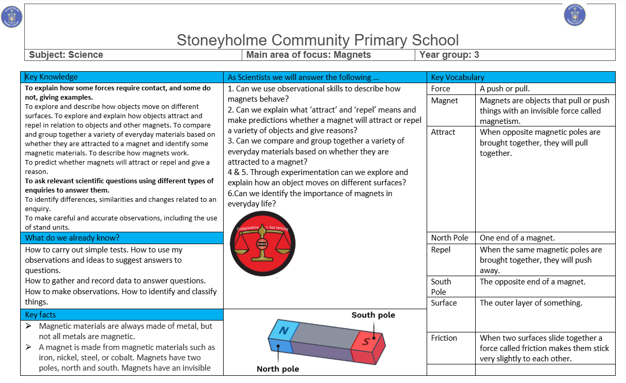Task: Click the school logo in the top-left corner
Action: pos(12,17)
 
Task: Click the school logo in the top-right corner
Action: pos(575,14)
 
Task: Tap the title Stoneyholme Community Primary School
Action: pos(318,40)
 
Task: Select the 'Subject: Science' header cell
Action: pos(66,55)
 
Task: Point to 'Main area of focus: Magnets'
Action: pos(308,55)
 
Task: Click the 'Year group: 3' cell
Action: pos(449,55)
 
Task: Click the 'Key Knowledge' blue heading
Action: pos(52,77)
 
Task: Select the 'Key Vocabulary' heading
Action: pos(458,77)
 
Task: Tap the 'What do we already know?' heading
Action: pos(72,238)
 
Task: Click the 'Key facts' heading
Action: pos(40,315)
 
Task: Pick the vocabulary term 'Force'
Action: pos(441,89)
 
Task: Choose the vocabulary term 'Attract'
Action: pos(443,132)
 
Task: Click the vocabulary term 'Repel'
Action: pos(441,250)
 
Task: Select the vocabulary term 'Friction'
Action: pos(444,338)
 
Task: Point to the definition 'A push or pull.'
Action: pos(505,89)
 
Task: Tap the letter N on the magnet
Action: pos(283,330)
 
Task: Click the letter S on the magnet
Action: pos(366,341)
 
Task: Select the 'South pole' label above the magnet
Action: pos(373,315)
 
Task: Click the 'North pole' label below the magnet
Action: pos(278,369)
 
